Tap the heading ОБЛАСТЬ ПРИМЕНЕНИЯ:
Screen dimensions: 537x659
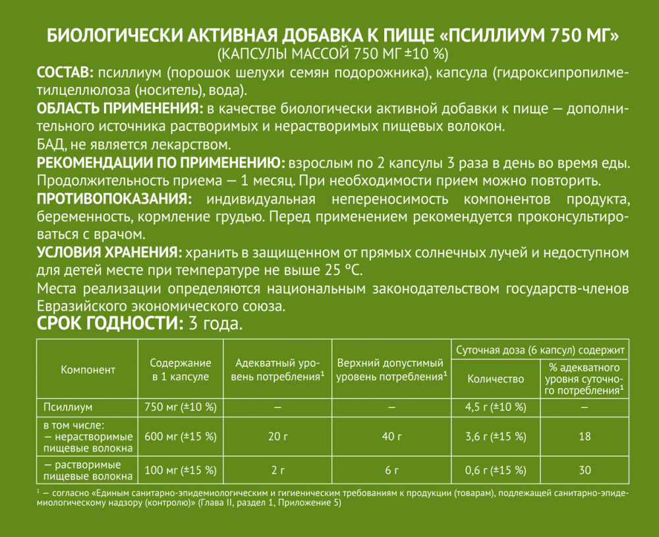119,108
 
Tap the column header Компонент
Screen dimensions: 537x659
88,370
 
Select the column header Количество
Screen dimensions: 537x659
496,379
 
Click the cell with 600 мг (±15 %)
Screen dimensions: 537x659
180,437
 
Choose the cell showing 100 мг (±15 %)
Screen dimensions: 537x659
180,470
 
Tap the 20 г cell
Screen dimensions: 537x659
277,437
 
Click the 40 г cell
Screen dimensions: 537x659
391,437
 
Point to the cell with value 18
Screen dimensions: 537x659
585,437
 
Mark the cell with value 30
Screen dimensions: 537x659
585,470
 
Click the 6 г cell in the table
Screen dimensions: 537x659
391,470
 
